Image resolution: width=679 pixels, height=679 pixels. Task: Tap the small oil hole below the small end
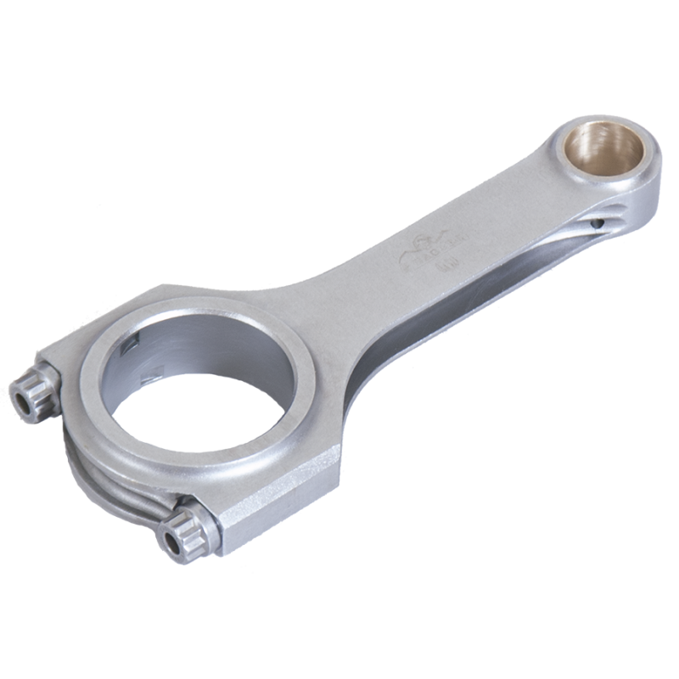click(x=600, y=224)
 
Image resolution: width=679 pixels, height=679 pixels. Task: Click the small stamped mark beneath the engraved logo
click(x=444, y=270)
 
